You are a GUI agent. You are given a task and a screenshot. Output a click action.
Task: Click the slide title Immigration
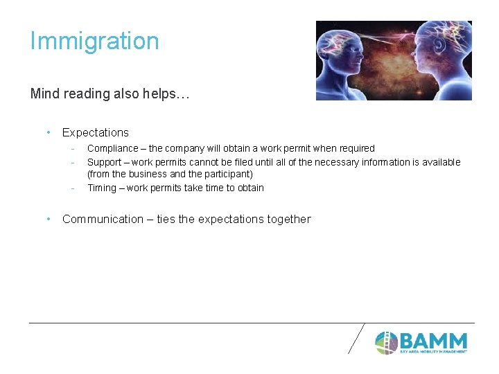94,41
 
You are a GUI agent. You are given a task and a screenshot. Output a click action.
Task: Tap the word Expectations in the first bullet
96,132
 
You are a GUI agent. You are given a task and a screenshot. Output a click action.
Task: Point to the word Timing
102,188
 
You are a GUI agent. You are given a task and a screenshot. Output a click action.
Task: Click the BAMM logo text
433,341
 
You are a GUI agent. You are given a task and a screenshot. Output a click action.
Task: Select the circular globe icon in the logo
386,342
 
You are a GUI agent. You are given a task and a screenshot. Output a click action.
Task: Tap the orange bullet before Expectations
49,132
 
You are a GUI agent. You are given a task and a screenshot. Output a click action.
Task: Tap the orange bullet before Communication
49,219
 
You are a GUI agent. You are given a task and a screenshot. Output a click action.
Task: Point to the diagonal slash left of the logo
356,338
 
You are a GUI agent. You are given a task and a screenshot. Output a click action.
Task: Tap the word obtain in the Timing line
249,188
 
